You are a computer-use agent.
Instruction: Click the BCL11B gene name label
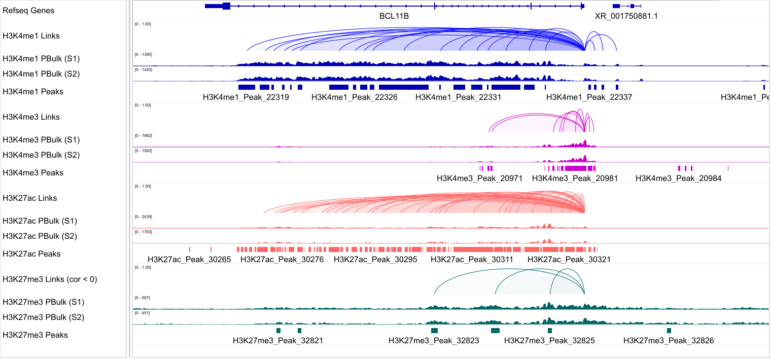pyautogui.click(x=394, y=16)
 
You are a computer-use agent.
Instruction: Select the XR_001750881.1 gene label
pyautogui.click(x=626, y=16)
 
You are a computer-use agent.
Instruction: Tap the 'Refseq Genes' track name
pyautogui.click(x=28, y=11)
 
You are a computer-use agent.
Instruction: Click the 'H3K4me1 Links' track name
pyautogui.click(x=31, y=36)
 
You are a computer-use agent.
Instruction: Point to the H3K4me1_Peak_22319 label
pyautogui.click(x=246, y=97)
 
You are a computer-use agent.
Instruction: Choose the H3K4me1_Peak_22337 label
pyautogui.click(x=589, y=97)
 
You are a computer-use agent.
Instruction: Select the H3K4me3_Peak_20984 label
pyautogui.click(x=678, y=178)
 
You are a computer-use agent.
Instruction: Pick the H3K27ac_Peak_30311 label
pyautogui.click(x=472, y=259)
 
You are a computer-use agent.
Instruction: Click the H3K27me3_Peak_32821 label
pyautogui.click(x=277, y=341)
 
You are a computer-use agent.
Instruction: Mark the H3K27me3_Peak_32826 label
pyautogui.click(x=668, y=341)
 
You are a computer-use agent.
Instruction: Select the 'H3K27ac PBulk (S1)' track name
pyautogui.click(x=40, y=221)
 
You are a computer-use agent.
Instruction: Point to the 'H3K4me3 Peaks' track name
pyautogui.click(x=33, y=173)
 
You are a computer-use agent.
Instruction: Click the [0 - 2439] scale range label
pyautogui.click(x=143, y=217)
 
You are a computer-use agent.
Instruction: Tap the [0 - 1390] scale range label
pyautogui.click(x=143, y=54)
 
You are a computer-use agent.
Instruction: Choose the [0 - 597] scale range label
pyautogui.click(x=142, y=298)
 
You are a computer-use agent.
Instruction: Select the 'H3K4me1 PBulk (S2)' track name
pyautogui.click(x=41, y=74)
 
